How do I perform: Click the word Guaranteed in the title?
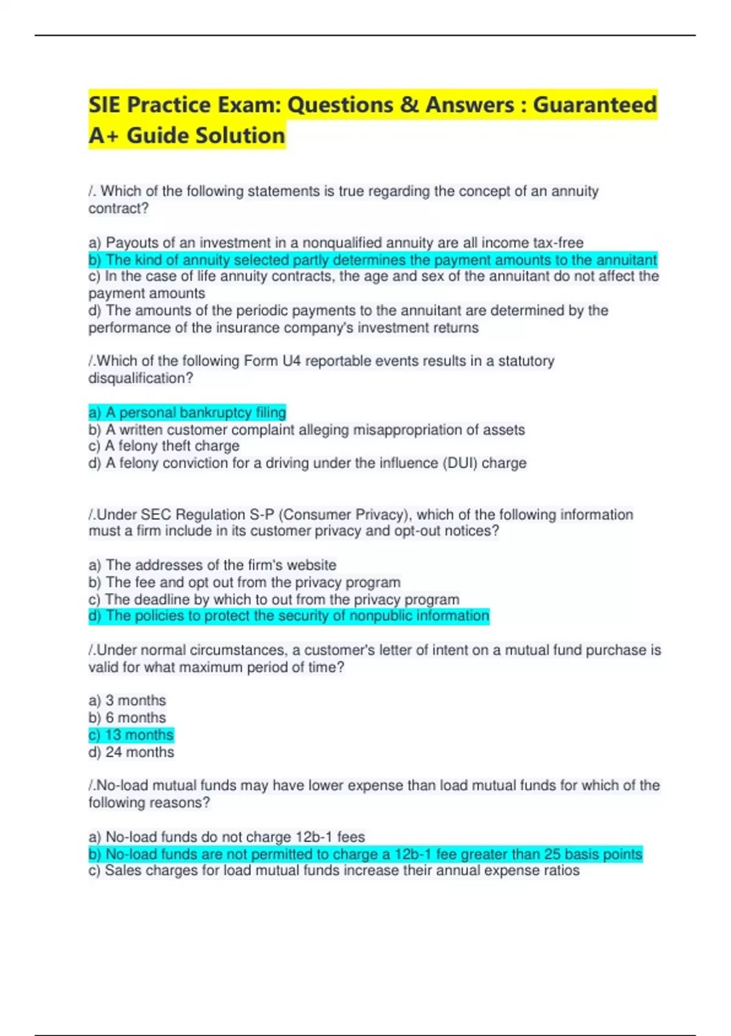point(595,105)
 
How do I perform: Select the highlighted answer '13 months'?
point(131,735)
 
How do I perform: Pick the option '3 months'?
point(127,700)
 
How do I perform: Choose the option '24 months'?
point(131,752)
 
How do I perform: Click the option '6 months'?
point(127,717)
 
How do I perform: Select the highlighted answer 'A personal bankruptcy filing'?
point(187,413)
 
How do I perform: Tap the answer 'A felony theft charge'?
point(164,446)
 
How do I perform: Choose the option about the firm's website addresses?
point(212,565)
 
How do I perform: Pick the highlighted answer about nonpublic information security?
point(289,616)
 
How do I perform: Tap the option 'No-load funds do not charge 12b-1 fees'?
point(227,837)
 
